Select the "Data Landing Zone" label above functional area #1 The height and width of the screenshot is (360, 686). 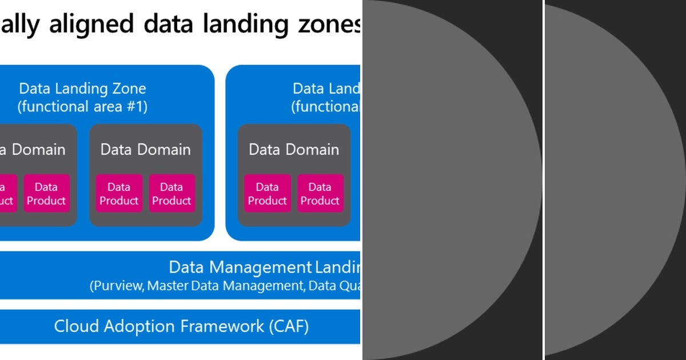click(x=82, y=89)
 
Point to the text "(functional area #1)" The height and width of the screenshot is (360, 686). click(x=82, y=107)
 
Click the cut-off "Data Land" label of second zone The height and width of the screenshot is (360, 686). click(x=326, y=89)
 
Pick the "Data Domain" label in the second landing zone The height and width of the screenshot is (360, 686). click(x=294, y=150)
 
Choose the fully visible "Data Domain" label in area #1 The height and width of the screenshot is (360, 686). click(x=145, y=150)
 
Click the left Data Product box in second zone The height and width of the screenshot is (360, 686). click(x=267, y=194)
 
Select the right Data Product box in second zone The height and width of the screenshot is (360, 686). click(x=320, y=194)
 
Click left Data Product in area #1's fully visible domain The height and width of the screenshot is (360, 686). click(x=118, y=194)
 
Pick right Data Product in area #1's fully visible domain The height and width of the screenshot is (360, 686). click(x=171, y=194)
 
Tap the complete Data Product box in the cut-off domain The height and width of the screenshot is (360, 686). click(x=46, y=194)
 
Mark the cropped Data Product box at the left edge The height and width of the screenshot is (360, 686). click(x=7, y=194)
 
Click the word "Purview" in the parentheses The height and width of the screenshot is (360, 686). click(x=117, y=286)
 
